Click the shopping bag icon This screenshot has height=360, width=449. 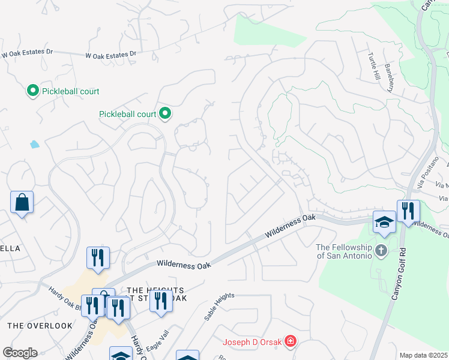22,203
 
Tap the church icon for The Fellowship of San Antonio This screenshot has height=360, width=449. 381,250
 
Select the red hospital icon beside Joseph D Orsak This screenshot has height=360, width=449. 291,342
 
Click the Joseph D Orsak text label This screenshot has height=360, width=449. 253,343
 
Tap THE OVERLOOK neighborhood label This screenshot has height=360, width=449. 40,326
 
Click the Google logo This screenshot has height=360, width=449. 20,353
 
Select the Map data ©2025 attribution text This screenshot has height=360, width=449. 423,355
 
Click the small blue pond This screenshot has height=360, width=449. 34,144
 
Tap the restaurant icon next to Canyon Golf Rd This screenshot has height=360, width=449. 408,212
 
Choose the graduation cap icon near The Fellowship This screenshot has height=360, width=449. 384,223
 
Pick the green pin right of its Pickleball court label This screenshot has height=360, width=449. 165,113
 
